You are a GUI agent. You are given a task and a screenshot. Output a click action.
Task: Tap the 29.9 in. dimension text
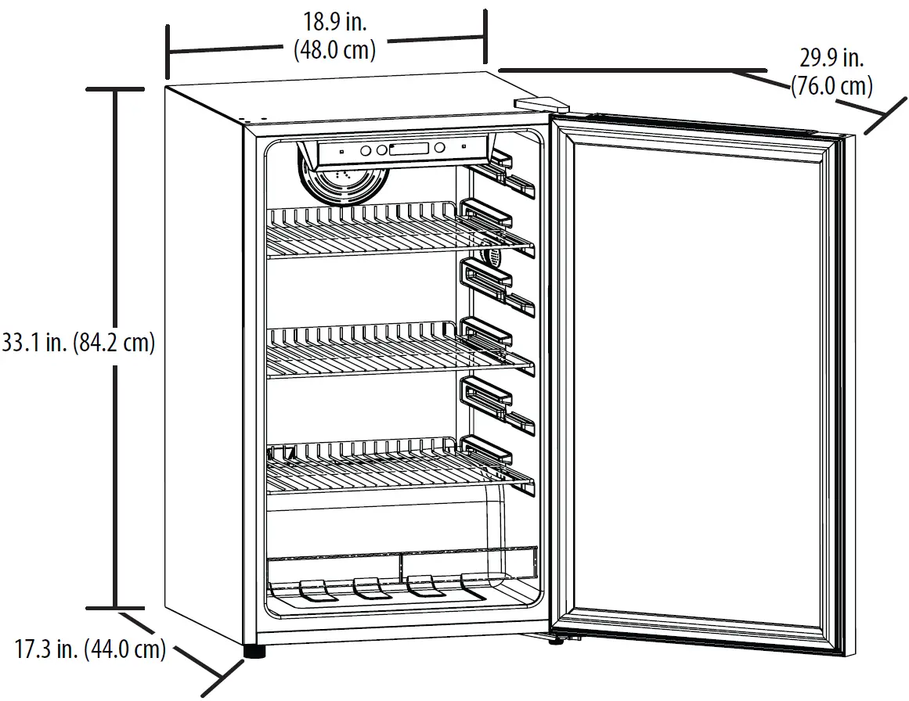(831, 58)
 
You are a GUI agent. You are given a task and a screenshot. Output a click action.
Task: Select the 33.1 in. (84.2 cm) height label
(78, 343)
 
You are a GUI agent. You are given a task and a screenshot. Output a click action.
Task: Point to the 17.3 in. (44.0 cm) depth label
(90, 649)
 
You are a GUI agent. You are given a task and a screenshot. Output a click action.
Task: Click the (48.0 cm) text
(334, 51)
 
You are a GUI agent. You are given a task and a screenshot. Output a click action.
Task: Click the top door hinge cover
(540, 103)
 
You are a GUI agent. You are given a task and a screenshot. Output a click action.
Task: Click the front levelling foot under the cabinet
(254, 651)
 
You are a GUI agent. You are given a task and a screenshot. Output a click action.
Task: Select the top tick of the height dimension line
(116, 91)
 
